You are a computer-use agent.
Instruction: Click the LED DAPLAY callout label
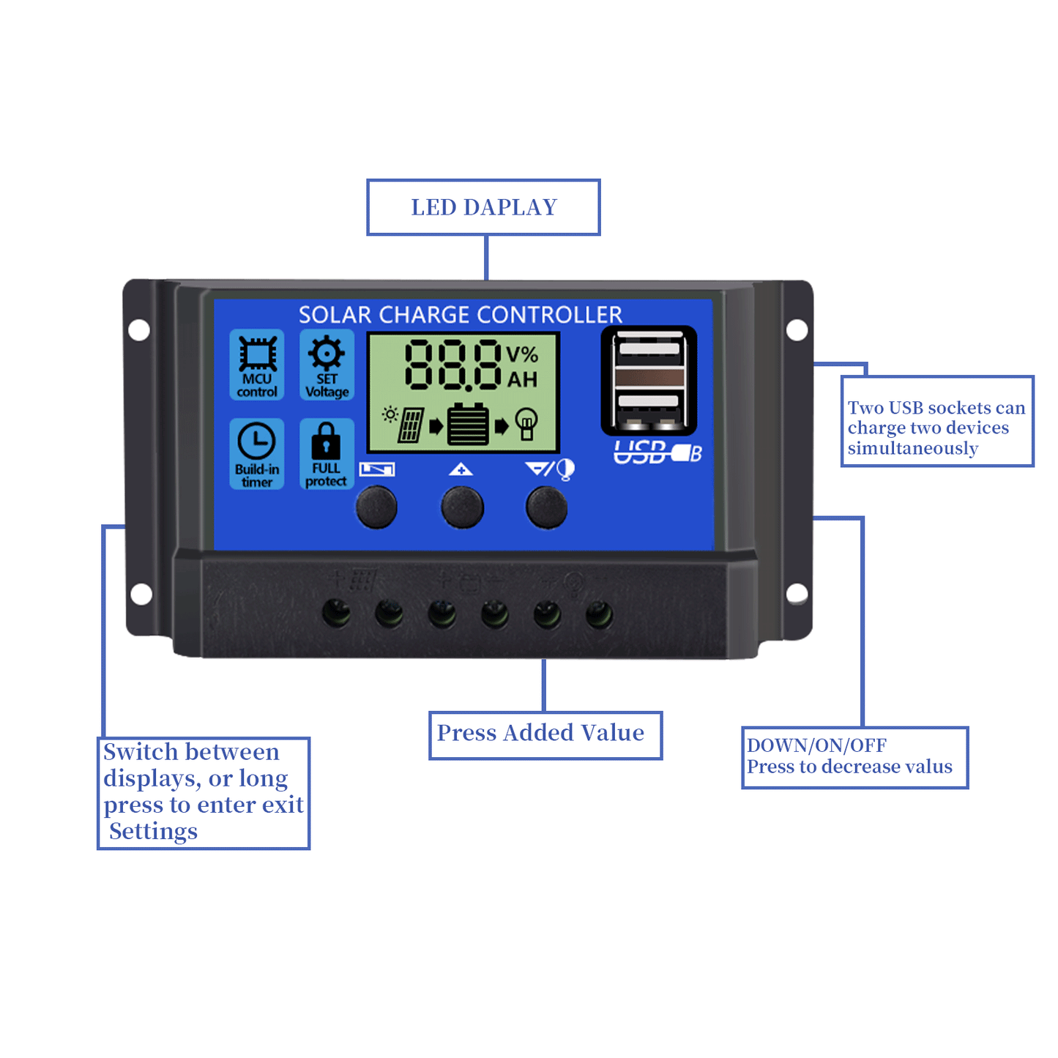pyautogui.click(x=483, y=207)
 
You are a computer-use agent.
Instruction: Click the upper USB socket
pyautogui.click(x=649, y=349)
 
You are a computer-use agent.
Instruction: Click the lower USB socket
pyautogui.click(x=649, y=402)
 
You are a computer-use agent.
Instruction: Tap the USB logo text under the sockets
pyautogui.click(x=656, y=453)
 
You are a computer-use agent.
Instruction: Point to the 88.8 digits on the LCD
pyautogui.click(x=453, y=364)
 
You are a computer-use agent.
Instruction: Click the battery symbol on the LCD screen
pyautogui.click(x=468, y=424)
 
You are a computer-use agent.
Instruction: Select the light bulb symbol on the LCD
pyautogui.click(x=526, y=423)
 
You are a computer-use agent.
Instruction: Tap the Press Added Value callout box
pyautogui.click(x=545, y=734)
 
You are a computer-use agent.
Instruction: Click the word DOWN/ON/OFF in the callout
pyautogui.click(x=816, y=745)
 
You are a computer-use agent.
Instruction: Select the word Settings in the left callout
pyautogui.click(x=153, y=832)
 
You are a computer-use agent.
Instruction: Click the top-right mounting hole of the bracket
pyautogui.click(x=797, y=330)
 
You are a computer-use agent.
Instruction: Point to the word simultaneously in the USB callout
pyautogui.click(x=912, y=448)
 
